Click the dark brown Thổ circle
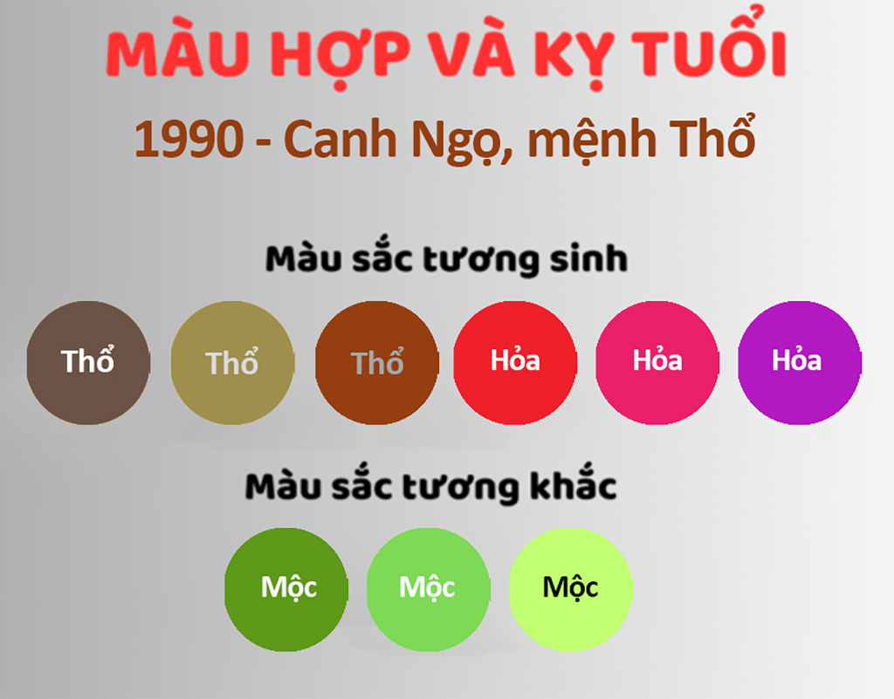[88, 362]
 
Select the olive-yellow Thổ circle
[232, 362]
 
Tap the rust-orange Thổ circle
[377, 362]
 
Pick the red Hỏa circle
[515, 362]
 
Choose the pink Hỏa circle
[657, 362]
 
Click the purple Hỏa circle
[800, 362]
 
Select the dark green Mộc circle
[286, 589]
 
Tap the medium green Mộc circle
[428, 589]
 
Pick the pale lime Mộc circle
[570, 589]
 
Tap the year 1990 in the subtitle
[189, 139]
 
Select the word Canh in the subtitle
[340, 138]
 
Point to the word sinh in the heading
[588, 258]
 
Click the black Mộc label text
[570, 587]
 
